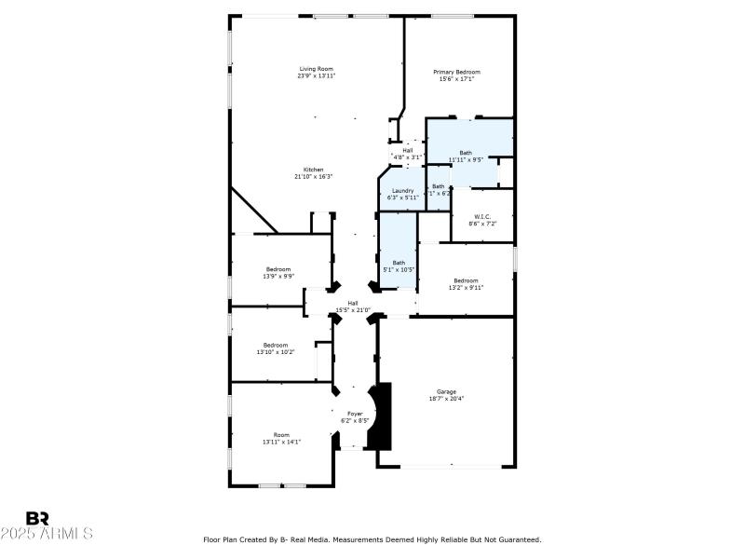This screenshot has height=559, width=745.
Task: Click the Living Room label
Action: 316,69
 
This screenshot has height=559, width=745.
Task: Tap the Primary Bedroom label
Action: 456,72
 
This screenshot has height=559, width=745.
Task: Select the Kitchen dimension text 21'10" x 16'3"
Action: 313,176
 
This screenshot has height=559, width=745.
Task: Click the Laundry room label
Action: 402,190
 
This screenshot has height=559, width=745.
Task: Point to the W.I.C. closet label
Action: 482,216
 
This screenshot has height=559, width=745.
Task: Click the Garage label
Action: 446,391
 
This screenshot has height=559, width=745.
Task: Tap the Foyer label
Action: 355,413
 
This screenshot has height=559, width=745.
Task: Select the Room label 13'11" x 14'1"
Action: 281,435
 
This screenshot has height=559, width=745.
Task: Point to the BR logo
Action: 37,518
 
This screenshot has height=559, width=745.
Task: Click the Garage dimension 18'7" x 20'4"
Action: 446,398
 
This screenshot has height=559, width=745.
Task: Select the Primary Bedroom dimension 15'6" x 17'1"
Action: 456,79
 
